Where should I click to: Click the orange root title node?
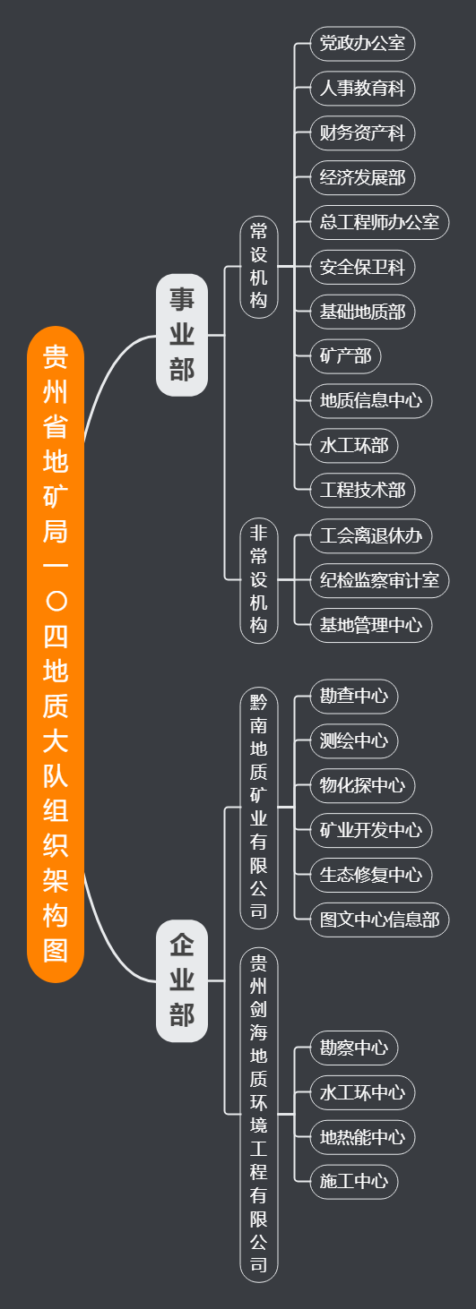(56, 654)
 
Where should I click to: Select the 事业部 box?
(182, 335)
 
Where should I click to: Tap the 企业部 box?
(182, 980)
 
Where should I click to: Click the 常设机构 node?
(259, 267)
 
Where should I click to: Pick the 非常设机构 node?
(259, 579)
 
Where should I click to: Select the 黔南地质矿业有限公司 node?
(259, 807)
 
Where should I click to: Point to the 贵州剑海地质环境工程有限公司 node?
(259, 1115)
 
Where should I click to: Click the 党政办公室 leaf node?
(362, 43)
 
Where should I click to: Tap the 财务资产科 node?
(362, 133)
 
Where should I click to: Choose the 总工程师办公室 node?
(379, 222)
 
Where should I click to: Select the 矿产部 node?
(346, 355)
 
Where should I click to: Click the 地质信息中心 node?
(371, 401)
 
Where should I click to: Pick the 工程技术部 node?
(362, 490)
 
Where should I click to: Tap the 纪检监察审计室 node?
(379, 580)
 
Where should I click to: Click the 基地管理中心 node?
(371, 625)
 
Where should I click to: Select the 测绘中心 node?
(354, 741)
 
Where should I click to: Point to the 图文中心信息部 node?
(379, 920)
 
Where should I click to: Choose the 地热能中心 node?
(362, 1137)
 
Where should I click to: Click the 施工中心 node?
(354, 1182)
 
